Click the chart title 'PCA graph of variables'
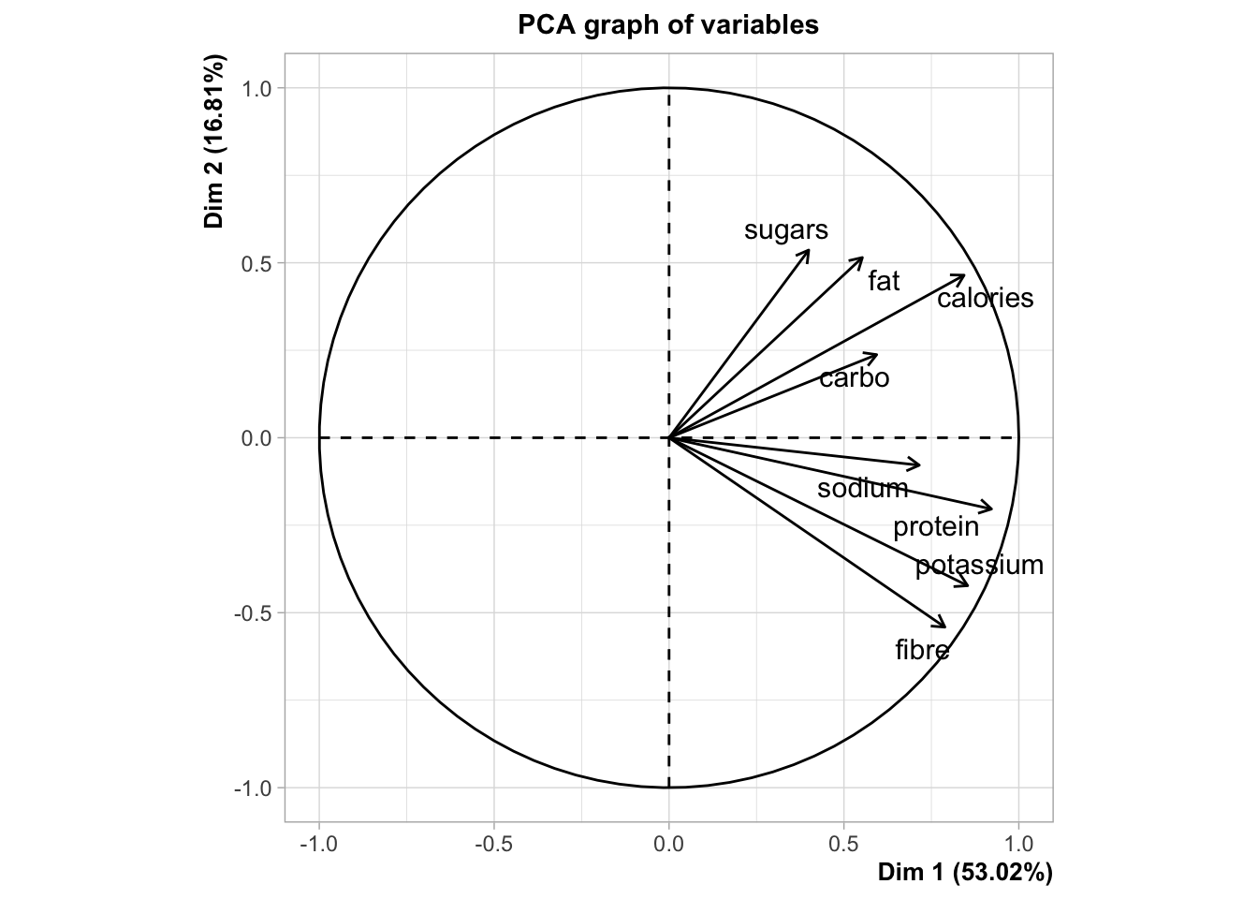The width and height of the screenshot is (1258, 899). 668,25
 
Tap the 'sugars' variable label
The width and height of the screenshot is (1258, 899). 786,230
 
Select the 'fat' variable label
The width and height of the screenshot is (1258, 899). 884,281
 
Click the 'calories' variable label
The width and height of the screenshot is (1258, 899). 986,299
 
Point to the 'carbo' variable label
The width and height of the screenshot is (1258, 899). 854,378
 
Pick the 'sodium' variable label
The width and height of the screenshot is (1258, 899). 862,489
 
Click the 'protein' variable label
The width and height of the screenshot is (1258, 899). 936,527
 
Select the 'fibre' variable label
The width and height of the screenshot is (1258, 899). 922,650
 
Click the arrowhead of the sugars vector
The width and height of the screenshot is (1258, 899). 809,251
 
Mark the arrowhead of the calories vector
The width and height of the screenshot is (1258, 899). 964,276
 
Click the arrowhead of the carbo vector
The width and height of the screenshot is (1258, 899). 877,355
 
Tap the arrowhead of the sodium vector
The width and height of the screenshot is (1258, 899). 920,464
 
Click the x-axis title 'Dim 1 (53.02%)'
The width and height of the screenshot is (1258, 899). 965,873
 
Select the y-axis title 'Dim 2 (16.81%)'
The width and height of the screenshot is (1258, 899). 215,142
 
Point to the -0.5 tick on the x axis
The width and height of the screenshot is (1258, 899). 494,845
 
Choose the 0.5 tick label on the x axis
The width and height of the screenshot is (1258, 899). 843,845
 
